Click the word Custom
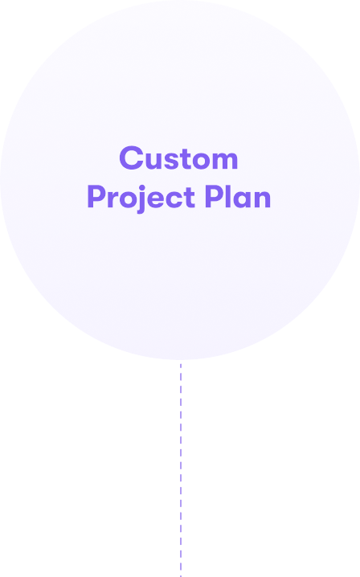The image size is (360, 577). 178,158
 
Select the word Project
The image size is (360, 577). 141,198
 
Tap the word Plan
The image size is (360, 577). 237,196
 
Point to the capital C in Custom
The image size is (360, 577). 131,158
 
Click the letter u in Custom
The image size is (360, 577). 153,161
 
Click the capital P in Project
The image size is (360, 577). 96,196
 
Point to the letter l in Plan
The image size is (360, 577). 229,196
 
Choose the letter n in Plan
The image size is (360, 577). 262,198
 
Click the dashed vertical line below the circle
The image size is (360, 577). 181,470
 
